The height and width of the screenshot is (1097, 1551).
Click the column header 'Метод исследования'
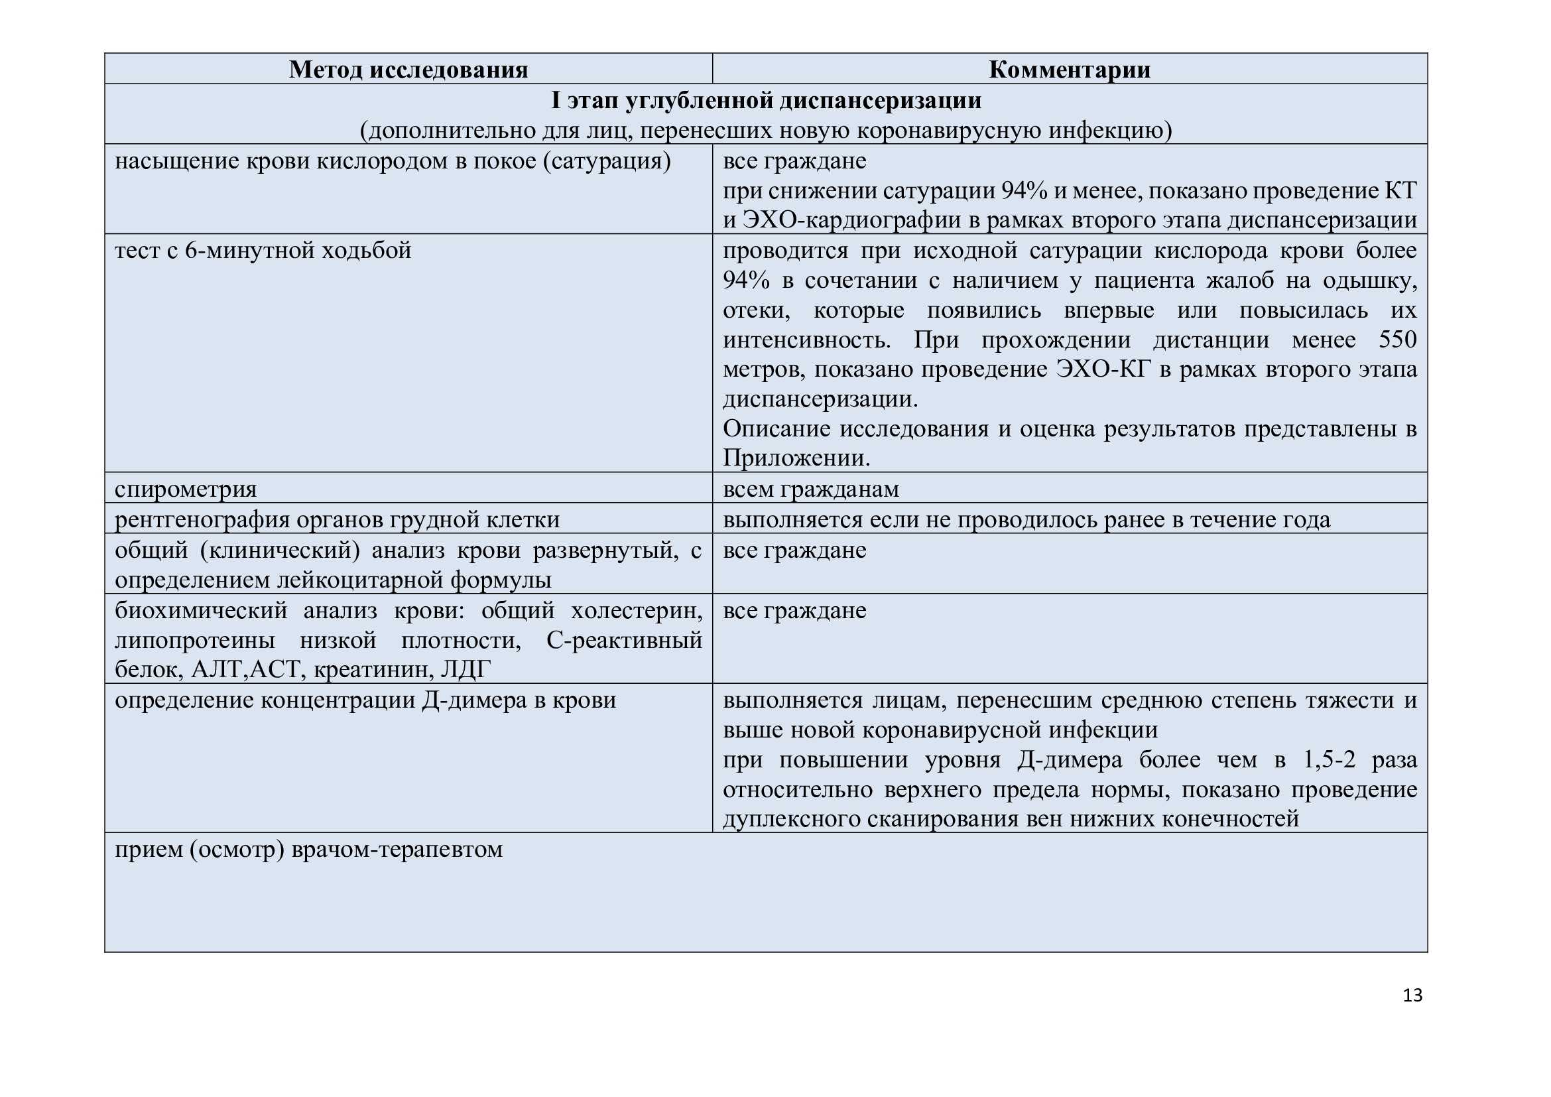tap(408, 70)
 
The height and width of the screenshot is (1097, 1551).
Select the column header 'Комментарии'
tap(1070, 70)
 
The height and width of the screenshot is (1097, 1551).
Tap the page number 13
tap(1412, 995)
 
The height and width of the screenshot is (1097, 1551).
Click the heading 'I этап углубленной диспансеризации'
tap(766, 100)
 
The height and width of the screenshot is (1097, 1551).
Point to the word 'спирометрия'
tap(186, 488)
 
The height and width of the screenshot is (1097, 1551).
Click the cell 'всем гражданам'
tap(810, 488)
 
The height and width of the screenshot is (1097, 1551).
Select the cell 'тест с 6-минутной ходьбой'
tap(263, 251)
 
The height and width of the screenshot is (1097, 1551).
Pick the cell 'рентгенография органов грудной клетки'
tap(337, 519)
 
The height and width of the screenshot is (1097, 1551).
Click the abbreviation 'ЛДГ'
tap(465, 669)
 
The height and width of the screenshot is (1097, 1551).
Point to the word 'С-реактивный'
tap(623, 639)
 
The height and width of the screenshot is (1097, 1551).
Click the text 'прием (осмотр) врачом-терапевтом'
tap(309, 849)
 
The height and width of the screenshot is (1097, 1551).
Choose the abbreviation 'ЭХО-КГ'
tap(1103, 369)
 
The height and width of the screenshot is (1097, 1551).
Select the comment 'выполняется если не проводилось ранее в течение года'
tap(1026, 519)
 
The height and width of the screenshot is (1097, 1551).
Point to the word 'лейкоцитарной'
tap(363, 580)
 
